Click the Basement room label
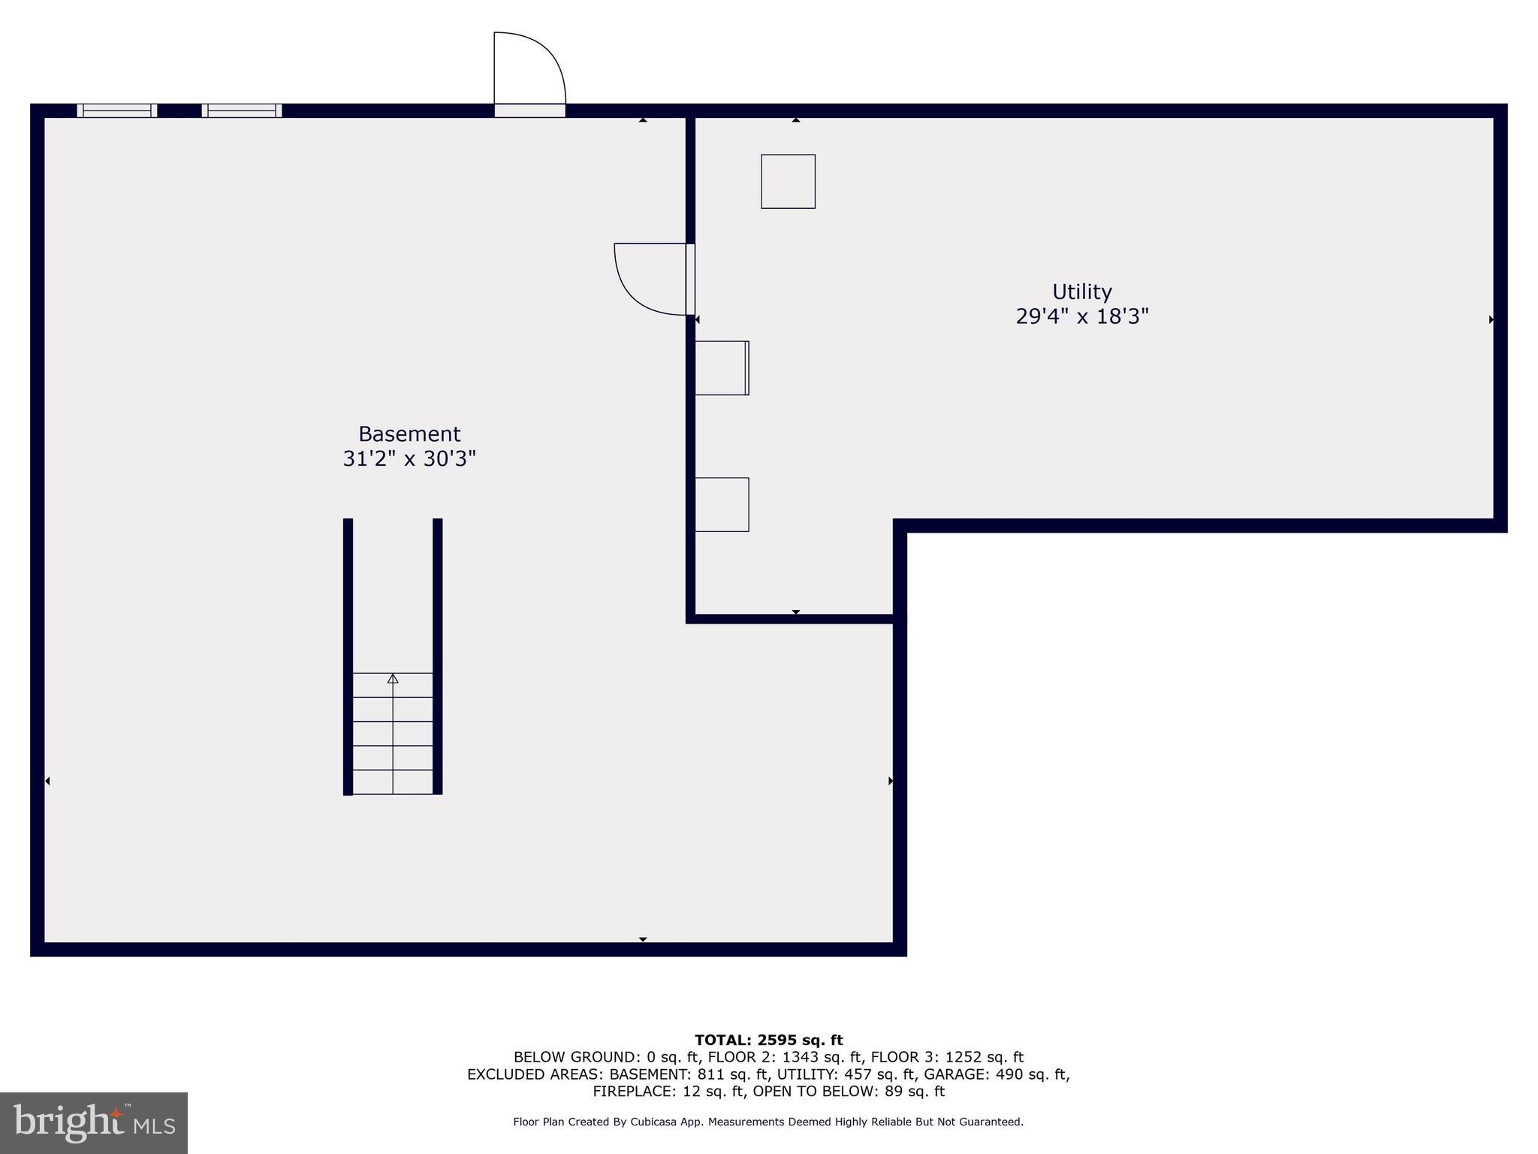[x=409, y=434]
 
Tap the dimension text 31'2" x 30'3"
[x=409, y=459]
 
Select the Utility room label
[x=1081, y=292]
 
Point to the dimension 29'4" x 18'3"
[x=1081, y=316]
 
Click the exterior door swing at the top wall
[x=529, y=71]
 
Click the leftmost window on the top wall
[x=117, y=110]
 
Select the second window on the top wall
[x=242, y=110]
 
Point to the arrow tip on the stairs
[x=393, y=678]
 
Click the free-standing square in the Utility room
[x=788, y=182]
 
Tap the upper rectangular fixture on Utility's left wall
[x=722, y=368]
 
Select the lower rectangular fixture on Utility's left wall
[x=722, y=505]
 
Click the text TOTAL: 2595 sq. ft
[x=768, y=1040]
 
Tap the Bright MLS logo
[x=94, y=1122]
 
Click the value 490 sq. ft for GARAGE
[x=1032, y=1074]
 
